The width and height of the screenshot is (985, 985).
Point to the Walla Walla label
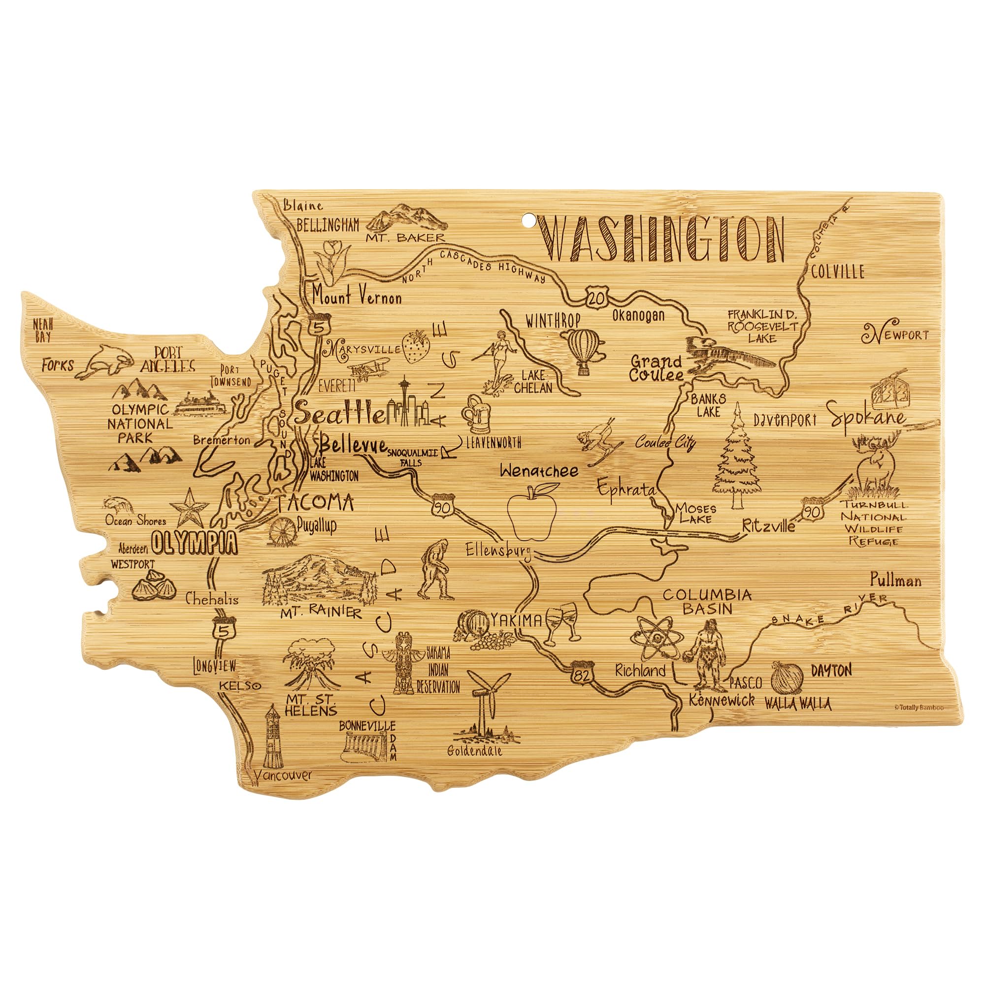tap(797, 705)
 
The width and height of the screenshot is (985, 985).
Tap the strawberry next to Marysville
tap(416, 346)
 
